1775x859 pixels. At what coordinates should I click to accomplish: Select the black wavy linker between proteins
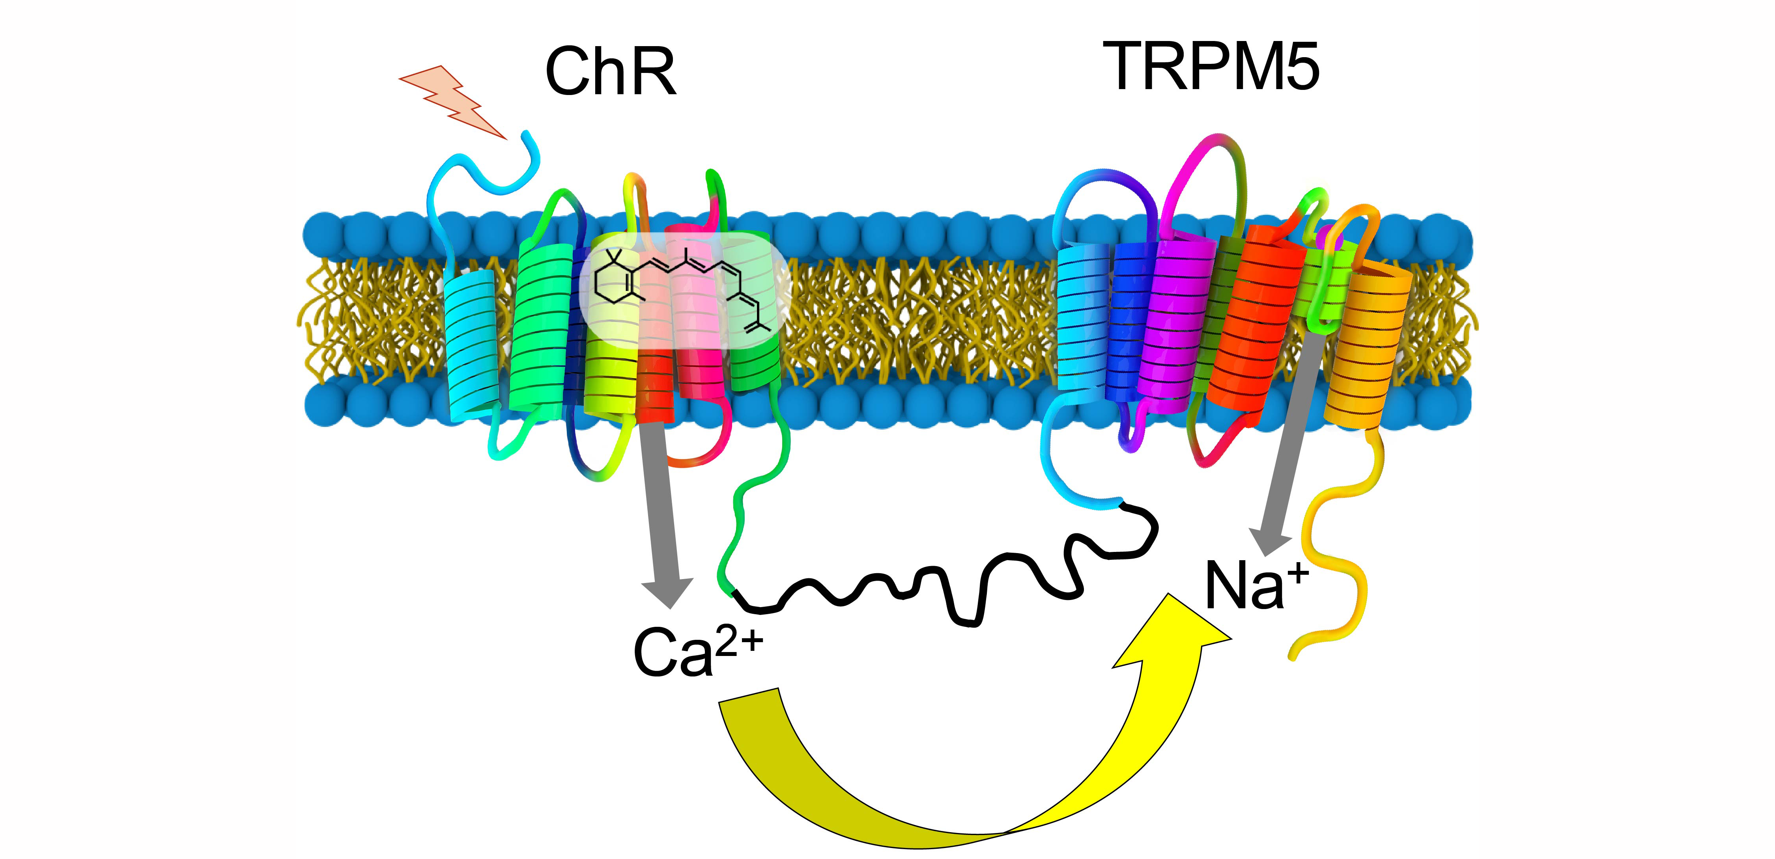tap(965, 585)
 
